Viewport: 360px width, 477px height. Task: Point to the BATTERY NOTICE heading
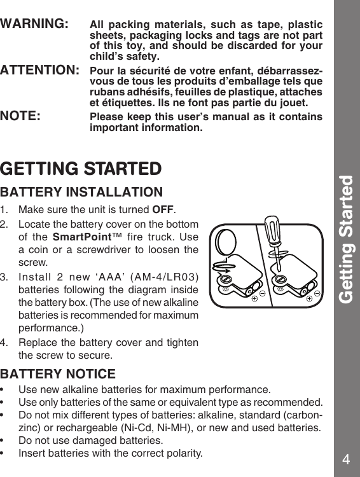coord(58,374)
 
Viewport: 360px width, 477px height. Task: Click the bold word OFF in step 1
coord(164,211)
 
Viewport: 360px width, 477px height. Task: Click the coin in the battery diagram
coord(226,244)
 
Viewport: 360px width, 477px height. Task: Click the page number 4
coord(346,459)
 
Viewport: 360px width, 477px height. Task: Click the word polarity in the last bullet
coord(183,454)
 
